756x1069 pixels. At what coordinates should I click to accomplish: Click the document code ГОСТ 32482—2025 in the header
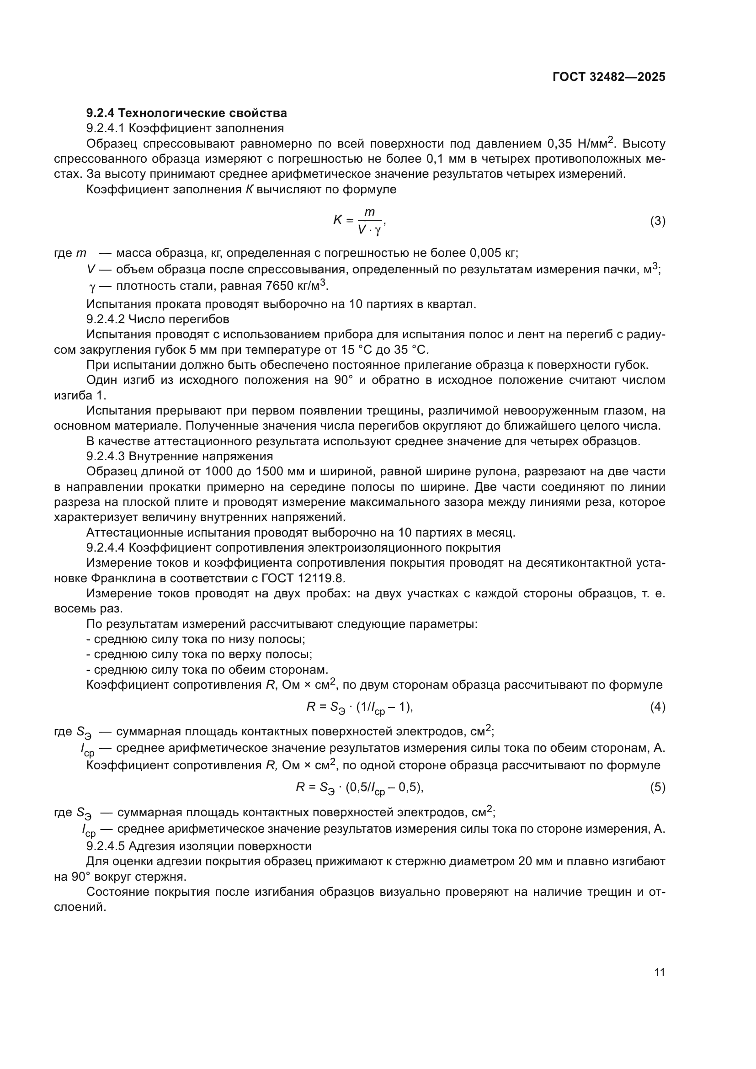click(x=609, y=77)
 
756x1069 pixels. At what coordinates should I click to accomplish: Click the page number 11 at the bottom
click(x=659, y=973)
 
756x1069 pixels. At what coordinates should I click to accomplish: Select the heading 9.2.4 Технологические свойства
click(x=186, y=113)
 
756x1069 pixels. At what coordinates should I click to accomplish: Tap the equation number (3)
click(x=657, y=221)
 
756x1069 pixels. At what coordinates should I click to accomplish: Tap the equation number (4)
click(x=657, y=707)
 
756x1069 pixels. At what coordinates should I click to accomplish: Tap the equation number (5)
click(x=657, y=787)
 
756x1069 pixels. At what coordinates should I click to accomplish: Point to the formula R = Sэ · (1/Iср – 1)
click(x=359, y=707)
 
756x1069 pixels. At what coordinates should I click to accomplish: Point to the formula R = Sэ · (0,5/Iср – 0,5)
click(x=359, y=788)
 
